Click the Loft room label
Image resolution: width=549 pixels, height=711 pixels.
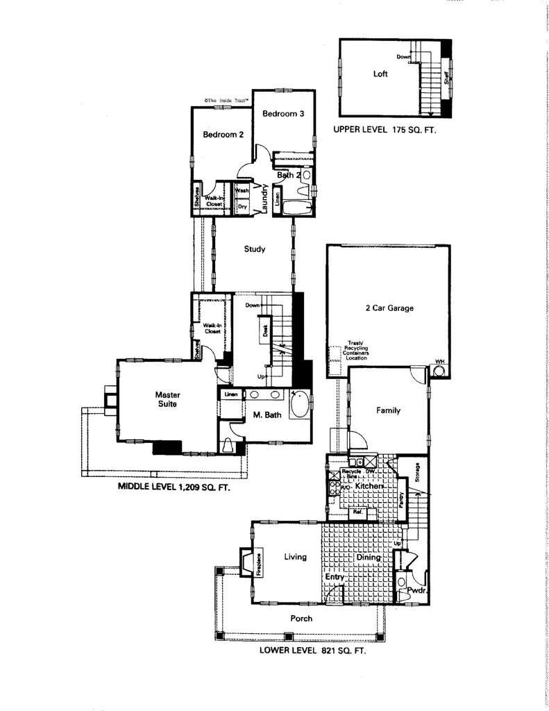coord(380,74)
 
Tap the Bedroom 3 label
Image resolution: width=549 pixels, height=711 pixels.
coord(282,114)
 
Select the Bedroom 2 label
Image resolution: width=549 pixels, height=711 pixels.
coord(223,135)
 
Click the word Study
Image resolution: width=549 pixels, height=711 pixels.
coord(255,250)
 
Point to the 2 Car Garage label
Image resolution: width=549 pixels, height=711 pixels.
coord(389,308)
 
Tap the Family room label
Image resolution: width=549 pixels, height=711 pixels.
coord(388,410)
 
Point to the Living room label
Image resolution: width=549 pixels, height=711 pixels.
coord(295,556)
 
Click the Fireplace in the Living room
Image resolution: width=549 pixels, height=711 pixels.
coord(257,564)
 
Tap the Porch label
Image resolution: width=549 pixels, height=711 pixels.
coord(301,618)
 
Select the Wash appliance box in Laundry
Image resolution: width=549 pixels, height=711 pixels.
coord(242,190)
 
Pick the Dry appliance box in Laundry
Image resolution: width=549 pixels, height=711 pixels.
coord(242,206)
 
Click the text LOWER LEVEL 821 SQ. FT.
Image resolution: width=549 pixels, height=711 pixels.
coord(312,651)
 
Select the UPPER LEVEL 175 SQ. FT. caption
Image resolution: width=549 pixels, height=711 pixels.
coord(384,130)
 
